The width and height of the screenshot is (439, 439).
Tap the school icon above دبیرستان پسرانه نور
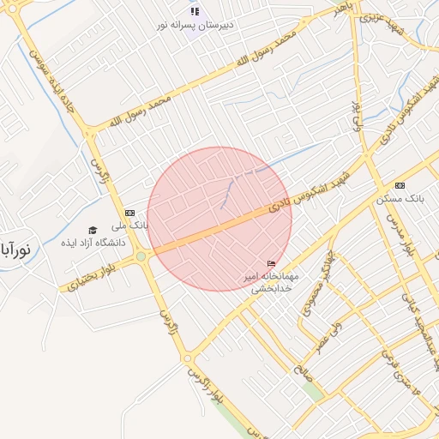coord(195,11)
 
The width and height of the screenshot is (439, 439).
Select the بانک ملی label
coord(135,226)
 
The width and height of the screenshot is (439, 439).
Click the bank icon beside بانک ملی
coord(129,213)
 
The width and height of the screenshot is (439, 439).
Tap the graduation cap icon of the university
coord(93,229)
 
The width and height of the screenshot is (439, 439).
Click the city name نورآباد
coord(15,250)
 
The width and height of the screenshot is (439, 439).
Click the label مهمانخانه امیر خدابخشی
coord(272,282)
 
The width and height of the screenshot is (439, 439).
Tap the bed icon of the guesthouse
coord(272,263)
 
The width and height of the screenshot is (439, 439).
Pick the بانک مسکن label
coord(396,199)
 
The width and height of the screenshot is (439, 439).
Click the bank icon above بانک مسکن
coord(400,186)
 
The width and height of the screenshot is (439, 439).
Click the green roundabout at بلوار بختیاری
coord(141,256)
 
